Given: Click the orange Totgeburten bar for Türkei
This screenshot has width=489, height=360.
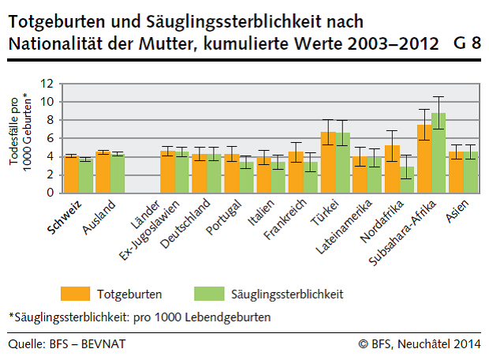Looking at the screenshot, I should pos(328,163).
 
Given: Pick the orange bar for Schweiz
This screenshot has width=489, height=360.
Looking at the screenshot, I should pos(71,174).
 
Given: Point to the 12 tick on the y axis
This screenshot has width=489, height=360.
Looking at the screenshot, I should pos(48,83).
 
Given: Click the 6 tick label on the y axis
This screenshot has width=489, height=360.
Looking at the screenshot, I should pos(48,138).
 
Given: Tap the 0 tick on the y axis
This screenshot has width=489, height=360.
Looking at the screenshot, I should pos(48,193).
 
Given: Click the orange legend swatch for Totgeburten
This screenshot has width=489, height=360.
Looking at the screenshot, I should pos(76,294).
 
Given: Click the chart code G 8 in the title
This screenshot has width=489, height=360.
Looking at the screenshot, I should pos(467,44).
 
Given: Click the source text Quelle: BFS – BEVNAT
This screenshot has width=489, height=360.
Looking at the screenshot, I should pos(67,343).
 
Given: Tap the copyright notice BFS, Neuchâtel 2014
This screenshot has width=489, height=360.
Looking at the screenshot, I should pos(418,343).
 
